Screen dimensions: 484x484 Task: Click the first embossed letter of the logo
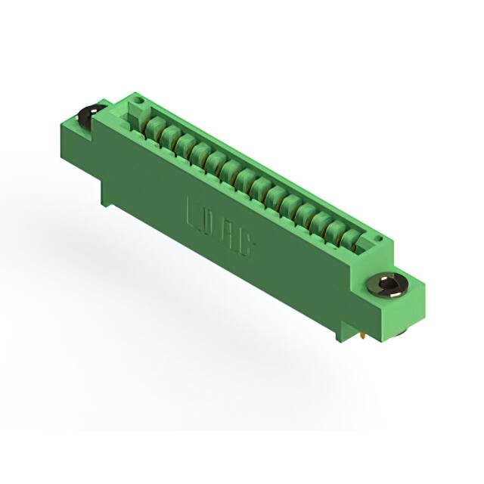(194, 213)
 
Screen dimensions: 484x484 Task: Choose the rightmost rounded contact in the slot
(349, 240)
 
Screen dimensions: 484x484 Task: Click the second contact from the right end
(335, 231)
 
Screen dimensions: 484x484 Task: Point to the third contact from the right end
(320, 222)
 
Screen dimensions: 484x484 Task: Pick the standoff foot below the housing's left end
(107, 197)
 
